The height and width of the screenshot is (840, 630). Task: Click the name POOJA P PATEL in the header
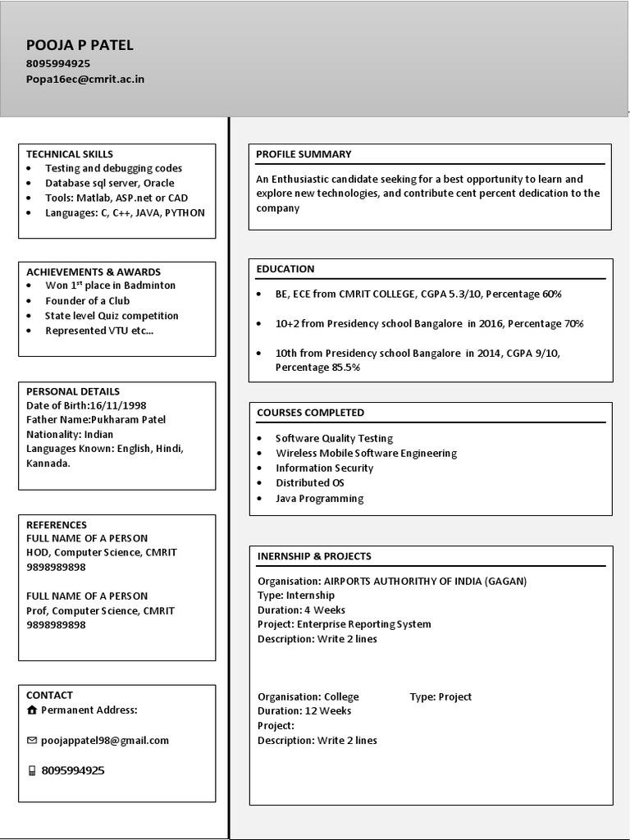[80, 45]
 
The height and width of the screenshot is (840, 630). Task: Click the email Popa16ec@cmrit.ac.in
[85, 79]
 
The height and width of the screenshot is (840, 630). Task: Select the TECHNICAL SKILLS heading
[70, 153]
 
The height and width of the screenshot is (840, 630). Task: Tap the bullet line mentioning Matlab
[116, 198]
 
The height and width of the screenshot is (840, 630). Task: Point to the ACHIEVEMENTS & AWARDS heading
[94, 272]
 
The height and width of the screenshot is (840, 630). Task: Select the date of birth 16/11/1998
[117, 405]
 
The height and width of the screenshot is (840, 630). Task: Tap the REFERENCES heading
[57, 524]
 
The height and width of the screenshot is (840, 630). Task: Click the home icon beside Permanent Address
[32, 710]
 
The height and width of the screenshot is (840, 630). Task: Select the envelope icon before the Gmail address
[32, 740]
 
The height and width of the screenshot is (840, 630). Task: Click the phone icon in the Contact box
[32, 770]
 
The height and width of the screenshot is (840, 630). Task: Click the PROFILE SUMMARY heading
[304, 153]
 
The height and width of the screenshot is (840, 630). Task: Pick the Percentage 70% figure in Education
[546, 323]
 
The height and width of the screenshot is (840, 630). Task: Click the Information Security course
[324, 468]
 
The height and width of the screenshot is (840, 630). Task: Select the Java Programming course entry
[319, 498]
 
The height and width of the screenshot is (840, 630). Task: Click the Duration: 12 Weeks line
[304, 711]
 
